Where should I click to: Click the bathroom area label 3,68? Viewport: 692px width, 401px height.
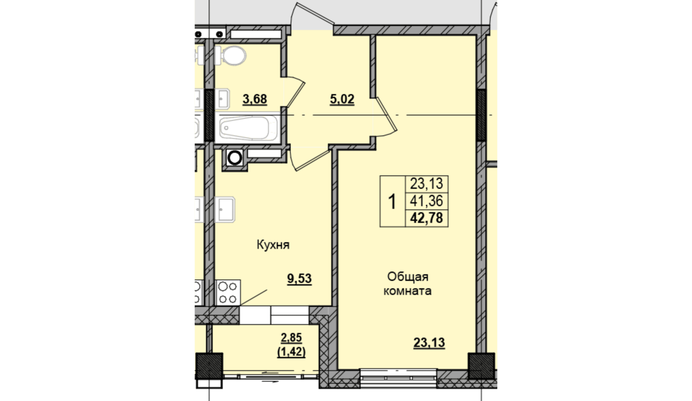255,100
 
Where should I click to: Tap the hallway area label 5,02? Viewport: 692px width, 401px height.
342,100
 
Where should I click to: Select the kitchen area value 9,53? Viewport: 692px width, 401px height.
299,279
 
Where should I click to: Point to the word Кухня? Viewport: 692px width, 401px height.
273,245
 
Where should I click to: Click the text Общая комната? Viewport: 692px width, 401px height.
408,284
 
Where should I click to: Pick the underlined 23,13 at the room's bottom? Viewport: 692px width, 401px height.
429,343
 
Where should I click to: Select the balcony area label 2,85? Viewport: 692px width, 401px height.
291,338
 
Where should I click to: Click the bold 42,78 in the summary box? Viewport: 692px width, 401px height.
427,218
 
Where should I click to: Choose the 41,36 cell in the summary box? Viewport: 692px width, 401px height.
427,201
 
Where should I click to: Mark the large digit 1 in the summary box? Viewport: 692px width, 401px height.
392,202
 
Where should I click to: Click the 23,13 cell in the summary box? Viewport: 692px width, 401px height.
427,184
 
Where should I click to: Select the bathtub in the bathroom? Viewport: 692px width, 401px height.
248,128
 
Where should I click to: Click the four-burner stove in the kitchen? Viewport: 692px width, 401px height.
228,292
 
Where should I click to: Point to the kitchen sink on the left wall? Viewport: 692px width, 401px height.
225,209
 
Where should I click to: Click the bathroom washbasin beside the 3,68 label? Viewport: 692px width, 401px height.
222,99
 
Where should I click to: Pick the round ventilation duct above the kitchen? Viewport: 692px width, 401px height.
235,158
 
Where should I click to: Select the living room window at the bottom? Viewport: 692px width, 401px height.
399,378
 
